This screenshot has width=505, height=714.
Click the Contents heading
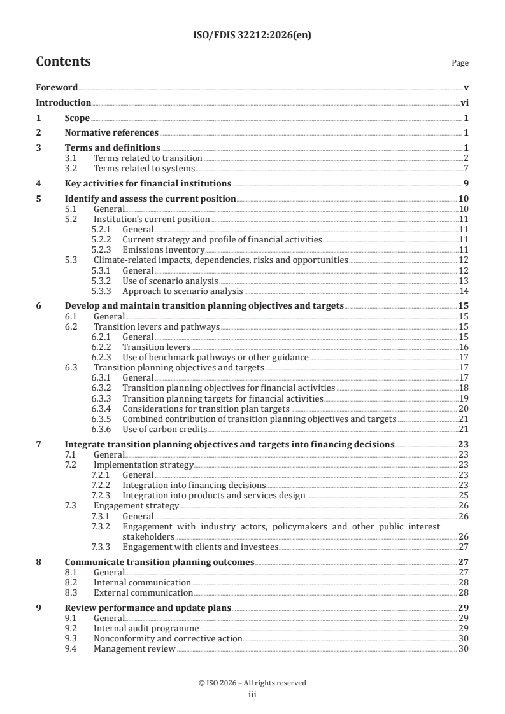click(63, 62)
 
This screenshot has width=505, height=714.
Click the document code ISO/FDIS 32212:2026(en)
click(252, 36)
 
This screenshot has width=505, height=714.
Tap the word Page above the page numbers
click(460, 63)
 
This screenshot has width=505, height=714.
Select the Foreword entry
click(57, 87)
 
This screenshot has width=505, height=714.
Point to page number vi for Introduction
click(464, 102)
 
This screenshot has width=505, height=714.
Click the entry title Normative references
click(111, 133)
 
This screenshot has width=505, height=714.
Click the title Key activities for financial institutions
click(148, 184)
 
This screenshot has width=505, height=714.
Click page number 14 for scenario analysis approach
click(464, 291)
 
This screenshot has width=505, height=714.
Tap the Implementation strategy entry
click(143, 465)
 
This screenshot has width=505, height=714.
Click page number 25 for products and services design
click(464, 496)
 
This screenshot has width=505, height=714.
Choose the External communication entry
click(142, 592)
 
